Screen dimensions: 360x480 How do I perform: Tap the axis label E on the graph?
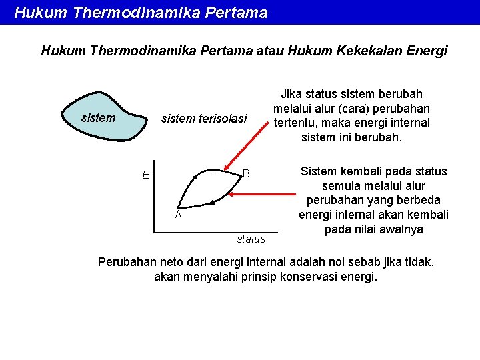[x=145, y=175]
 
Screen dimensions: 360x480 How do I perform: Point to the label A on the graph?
[x=178, y=215]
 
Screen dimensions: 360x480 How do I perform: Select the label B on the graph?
[x=246, y=173]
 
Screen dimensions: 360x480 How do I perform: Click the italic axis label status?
[x=251, y=239]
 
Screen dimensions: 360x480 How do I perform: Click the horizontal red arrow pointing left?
[x=263, y=195]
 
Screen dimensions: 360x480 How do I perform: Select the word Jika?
[x=291, y=95]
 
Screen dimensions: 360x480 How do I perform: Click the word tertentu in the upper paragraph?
[x=297, y=123]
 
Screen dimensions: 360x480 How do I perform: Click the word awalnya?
[x=399, y=229]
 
